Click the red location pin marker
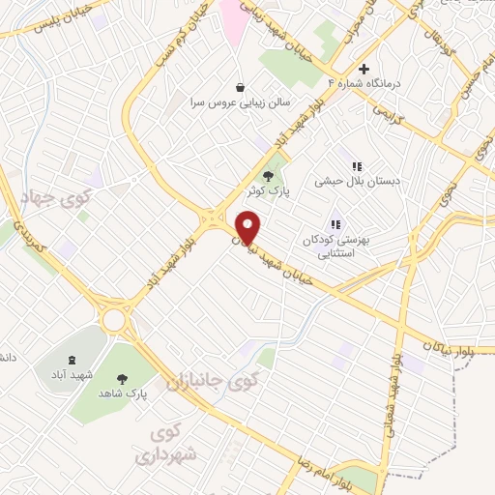coord(248,226)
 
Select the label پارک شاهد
coord(122,394)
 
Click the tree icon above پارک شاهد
coord(122,379)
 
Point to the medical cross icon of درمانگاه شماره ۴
coord(364,69)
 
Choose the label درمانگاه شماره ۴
coord(364,84)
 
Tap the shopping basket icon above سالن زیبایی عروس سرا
coord(239,86)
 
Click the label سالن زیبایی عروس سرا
coord(239,102)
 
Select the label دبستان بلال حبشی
coord(357,181)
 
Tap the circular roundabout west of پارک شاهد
coord(115,317)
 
